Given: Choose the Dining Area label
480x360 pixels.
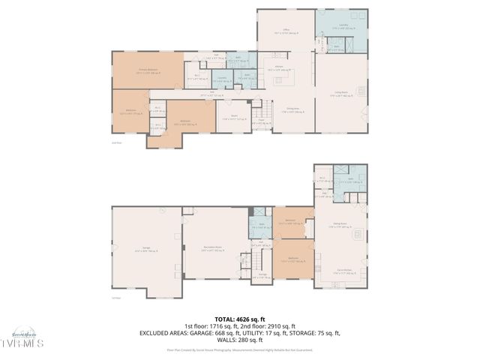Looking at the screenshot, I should click(286, 109).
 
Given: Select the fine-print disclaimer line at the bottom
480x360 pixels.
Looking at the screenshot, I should click(240, 349).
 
